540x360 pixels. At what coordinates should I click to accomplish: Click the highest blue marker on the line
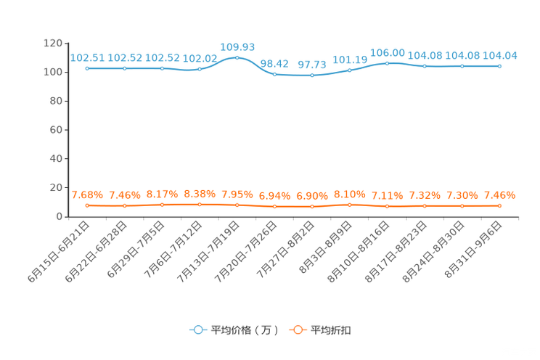[x=237, y=57]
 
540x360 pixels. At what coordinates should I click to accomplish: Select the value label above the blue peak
[x=237, y=47]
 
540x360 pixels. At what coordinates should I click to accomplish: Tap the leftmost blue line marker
[x=87, y=68]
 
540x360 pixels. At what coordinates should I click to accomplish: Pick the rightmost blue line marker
[x=499, y=66]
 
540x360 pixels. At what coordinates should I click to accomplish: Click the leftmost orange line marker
[x=87, y=205]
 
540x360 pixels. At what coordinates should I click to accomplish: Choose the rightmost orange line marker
[x=499, y=206]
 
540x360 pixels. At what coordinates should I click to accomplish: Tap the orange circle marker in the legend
[x=297, y=330]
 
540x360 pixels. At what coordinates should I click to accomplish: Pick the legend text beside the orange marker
[x=332, y=330]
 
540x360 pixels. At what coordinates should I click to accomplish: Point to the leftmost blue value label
[x=87, y=57]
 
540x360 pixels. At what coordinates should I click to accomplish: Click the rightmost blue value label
[x=501, y=55]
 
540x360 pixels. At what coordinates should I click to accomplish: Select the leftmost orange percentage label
[x=87, y=195]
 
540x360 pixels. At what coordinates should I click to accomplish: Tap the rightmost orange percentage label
[x=499, y=195]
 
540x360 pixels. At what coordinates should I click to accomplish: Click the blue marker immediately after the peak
[x=274, y=73]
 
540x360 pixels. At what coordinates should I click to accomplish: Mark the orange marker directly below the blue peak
[x=237, y=205]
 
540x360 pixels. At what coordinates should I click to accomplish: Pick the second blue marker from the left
[x=125, y=68]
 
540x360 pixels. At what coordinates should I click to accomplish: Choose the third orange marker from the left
[x=162, y=205]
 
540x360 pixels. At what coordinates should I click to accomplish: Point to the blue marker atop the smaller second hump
[x=387, y=63]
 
